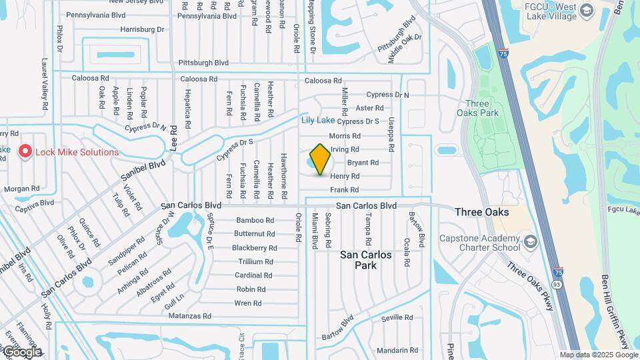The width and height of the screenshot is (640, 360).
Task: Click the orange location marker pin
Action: click(x=321, y=158)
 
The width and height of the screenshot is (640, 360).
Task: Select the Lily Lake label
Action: click(x=318, y=120)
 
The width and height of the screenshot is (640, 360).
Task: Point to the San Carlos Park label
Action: click(x=367, y=260)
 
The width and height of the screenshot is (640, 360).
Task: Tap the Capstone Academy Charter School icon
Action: click(x=530, y=239)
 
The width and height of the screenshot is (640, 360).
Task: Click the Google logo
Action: click(x=21, y=351)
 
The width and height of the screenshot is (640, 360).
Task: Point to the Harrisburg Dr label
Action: click(x=142, y=29)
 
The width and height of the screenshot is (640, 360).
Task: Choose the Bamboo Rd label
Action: click(x=255, y=220)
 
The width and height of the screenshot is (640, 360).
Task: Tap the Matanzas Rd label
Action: click(x=189, y=316)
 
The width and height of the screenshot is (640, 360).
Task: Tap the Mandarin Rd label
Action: click(x=397, y=350)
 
